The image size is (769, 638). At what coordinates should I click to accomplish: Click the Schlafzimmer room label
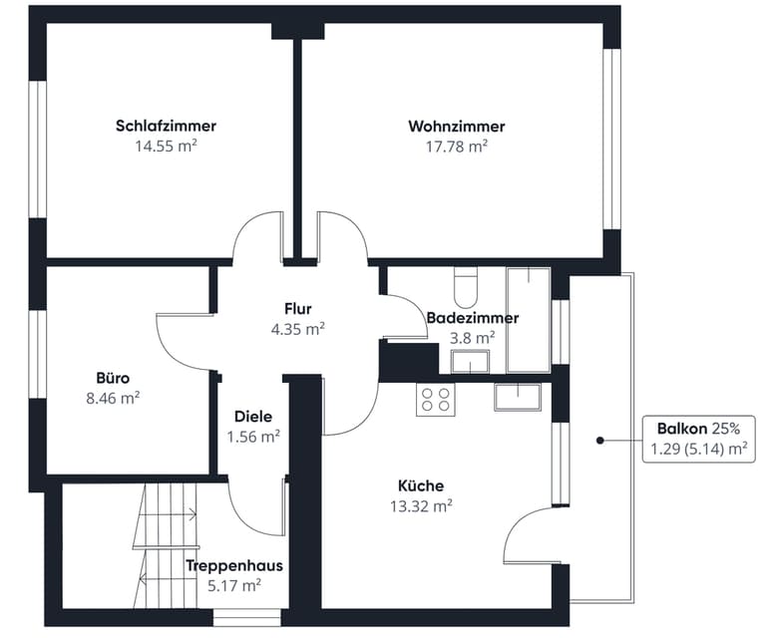coord(166,127)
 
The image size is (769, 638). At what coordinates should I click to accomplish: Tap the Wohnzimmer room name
coord(456,127)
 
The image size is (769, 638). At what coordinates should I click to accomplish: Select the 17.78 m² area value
coord(456,146)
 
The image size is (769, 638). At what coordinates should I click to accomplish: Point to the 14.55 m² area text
coord(166,146)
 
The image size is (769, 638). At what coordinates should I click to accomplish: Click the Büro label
coord(113,378)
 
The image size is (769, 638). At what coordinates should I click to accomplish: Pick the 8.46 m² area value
coord(113,397)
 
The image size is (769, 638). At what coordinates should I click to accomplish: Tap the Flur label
coord(298,309)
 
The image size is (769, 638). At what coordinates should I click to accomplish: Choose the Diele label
coord(253,417)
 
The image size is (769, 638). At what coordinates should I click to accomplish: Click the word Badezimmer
coord(472,318)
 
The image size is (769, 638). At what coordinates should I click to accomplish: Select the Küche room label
coord(421,486)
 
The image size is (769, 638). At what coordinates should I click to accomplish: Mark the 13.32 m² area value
coord(421,505)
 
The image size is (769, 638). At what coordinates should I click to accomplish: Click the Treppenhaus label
coord(233,566)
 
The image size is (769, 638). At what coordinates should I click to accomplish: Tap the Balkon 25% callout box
coord(696,439)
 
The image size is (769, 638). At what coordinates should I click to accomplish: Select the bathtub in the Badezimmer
coord(529,317)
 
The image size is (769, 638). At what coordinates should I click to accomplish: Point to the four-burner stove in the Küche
coord(436,398)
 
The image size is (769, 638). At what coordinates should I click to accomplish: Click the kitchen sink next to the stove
coord(517,396)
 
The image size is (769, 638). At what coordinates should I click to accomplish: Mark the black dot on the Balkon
coord(600,439)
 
